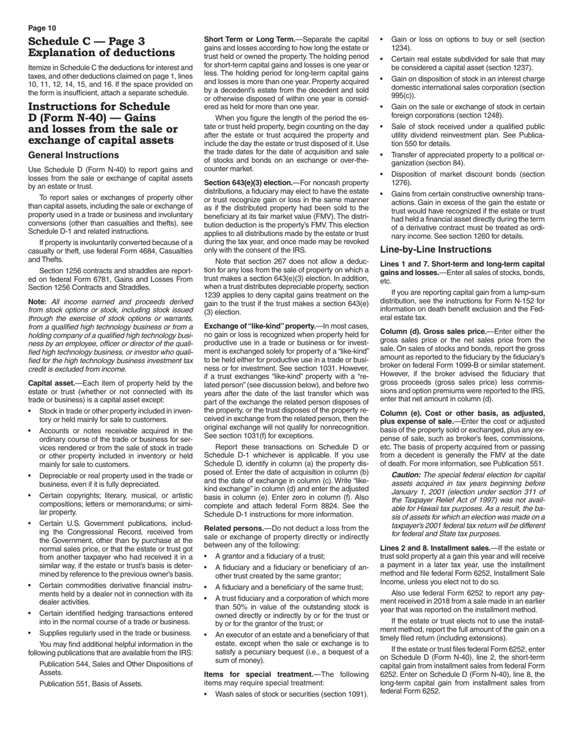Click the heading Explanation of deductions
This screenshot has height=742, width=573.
coord(101,52)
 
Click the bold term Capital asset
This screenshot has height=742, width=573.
coord(50,383)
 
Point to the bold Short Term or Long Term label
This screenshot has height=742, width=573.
coord(249,39)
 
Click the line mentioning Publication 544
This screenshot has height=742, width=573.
coord(116,664)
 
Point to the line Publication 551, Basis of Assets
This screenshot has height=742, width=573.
coord(91,683)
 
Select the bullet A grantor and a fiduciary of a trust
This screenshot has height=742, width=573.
coord(270,556)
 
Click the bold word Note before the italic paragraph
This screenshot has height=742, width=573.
coord(37,301)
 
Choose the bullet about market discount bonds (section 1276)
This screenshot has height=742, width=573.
coord(467,178)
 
